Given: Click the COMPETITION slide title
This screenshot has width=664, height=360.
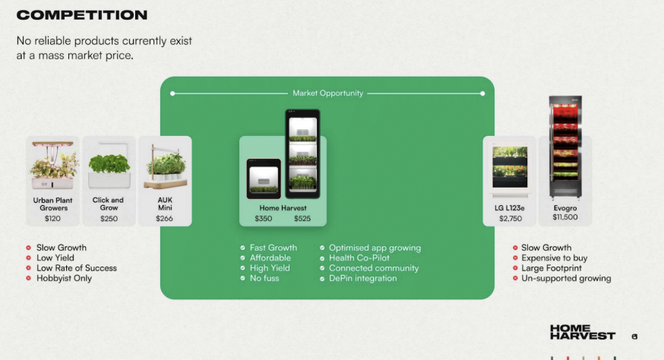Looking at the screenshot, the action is point(82,15).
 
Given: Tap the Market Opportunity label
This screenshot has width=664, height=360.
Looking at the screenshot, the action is point(327,93).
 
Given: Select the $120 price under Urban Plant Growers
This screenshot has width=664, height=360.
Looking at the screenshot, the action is point(52,219).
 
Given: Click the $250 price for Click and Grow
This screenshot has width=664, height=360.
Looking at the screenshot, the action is point(109,219).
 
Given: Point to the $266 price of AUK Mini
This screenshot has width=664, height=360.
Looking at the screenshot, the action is point(164,219).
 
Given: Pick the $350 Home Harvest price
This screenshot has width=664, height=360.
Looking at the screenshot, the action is point(264,219).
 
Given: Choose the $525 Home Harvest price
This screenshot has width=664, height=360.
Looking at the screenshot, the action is point(302,219).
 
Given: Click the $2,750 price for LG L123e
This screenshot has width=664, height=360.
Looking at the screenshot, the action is point(511,219).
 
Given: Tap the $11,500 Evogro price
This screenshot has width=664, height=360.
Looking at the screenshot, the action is point(565,217).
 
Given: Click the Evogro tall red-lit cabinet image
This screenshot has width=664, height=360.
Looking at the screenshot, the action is point(565,147).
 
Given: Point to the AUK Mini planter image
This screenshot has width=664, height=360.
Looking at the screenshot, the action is point(166,167).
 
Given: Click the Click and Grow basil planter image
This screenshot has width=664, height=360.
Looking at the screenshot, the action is point(109,166).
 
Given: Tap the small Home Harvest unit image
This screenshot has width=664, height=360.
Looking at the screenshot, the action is point(264,178).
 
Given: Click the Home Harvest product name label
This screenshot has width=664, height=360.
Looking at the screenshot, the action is point(283,208).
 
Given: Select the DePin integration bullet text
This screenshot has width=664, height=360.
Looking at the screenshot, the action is point(363,278).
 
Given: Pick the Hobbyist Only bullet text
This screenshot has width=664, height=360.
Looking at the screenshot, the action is point(64,278).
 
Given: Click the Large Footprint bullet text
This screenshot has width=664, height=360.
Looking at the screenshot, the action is point(552,268).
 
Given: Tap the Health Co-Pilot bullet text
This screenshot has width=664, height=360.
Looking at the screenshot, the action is point(359,258).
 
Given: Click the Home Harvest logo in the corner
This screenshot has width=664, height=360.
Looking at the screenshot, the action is point(582,332).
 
